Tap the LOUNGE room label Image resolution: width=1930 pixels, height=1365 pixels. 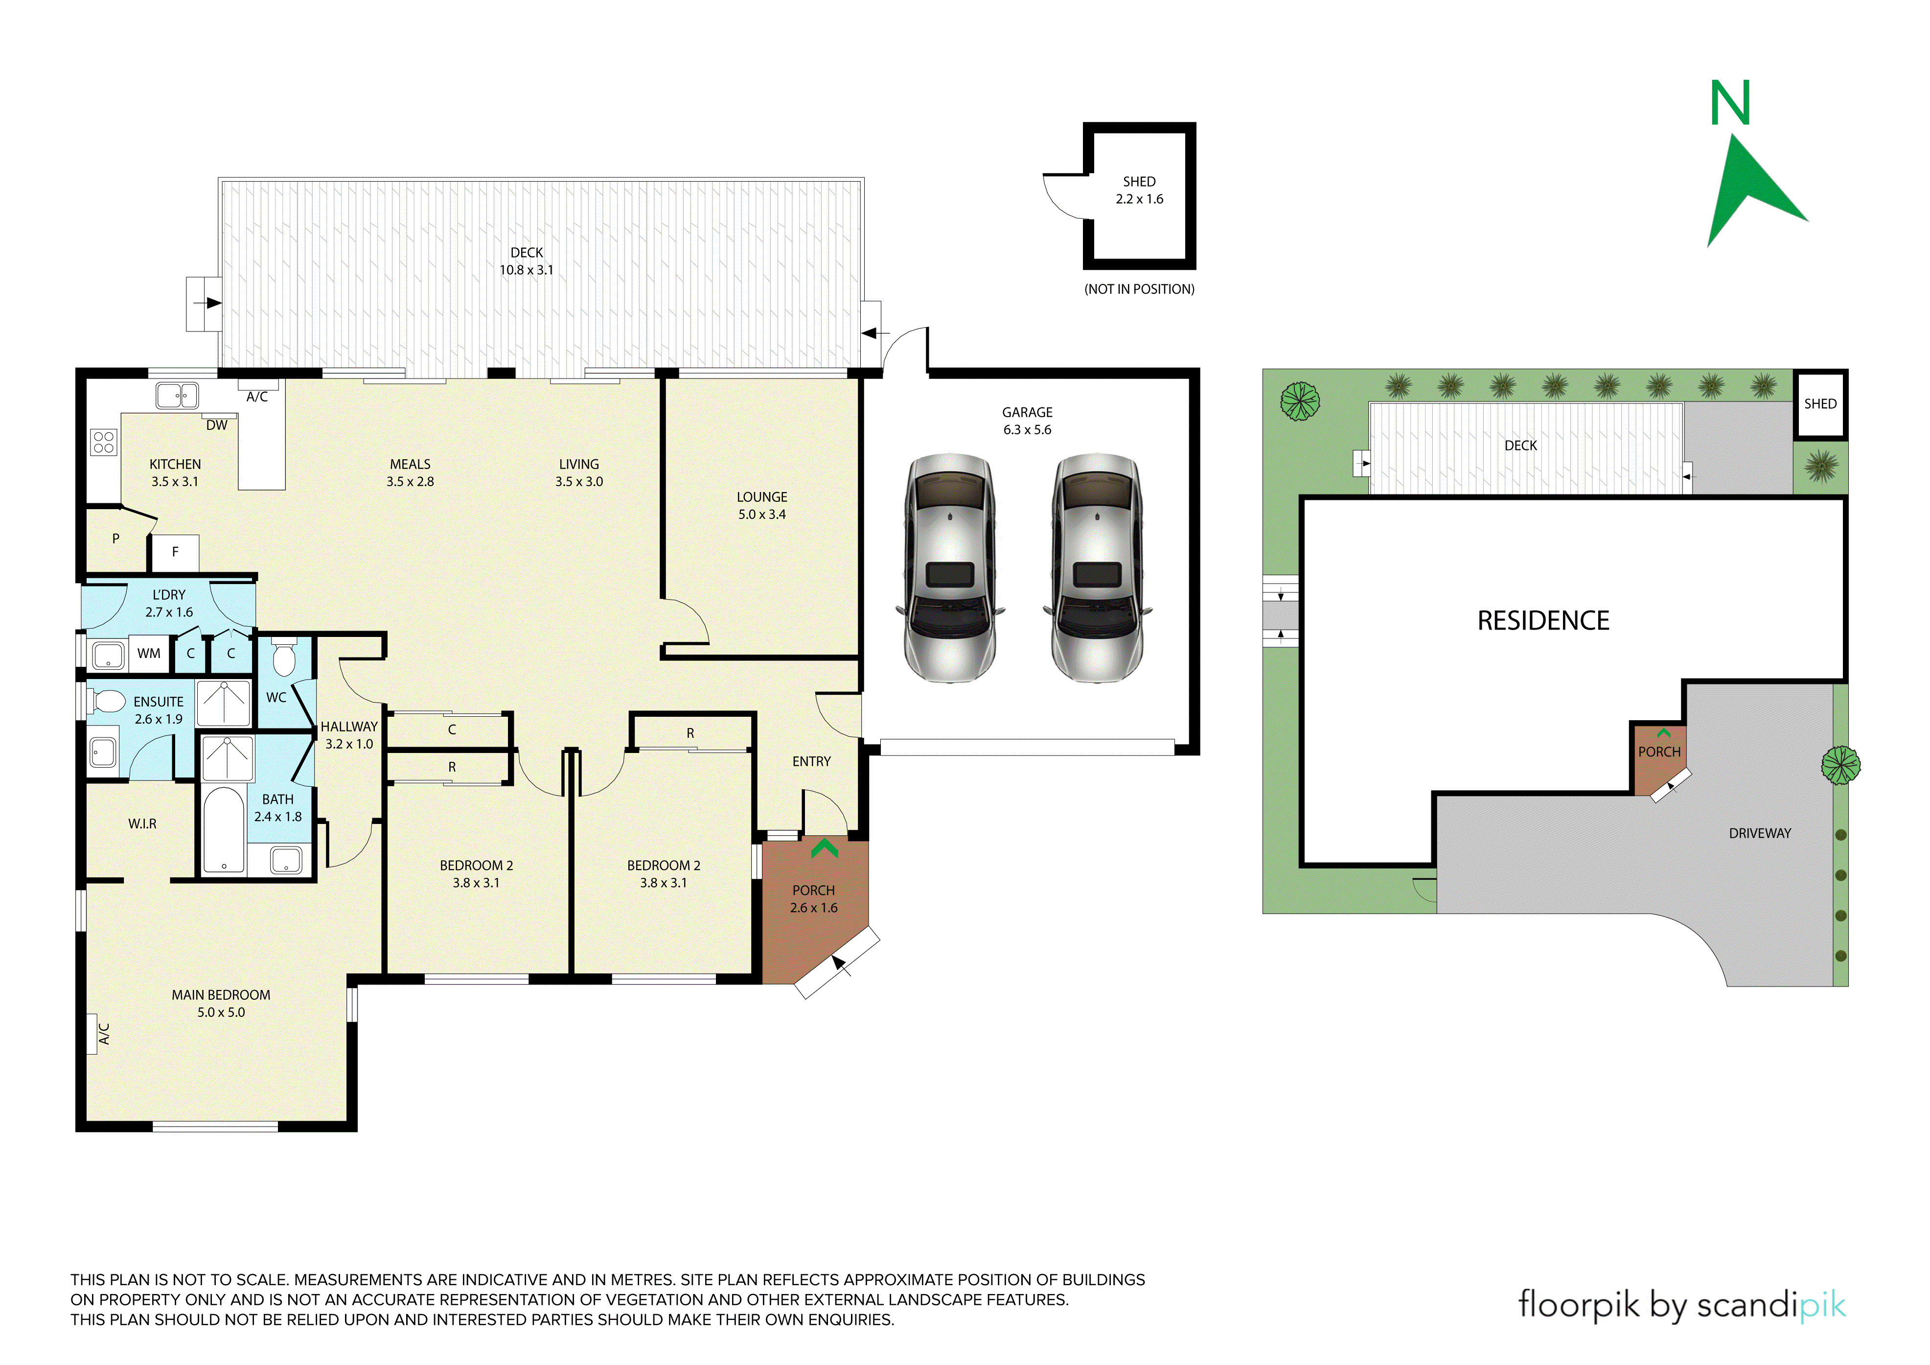tap(761, 497)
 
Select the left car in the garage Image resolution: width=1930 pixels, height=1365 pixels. tap(950, 568)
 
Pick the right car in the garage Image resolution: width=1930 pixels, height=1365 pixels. tap(1097, 568)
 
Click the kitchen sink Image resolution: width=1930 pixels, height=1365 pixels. tap(177, 395)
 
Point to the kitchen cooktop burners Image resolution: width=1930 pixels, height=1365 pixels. tap(104, 443)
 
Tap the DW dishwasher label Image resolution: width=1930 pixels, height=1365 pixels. tap(217, 425)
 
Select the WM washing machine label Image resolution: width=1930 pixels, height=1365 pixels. tap(149, 654)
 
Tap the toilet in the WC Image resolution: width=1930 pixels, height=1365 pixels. tap(284, 657)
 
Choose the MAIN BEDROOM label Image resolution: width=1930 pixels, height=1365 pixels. tap(221, 995)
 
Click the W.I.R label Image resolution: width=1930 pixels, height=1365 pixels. tap(142, 824)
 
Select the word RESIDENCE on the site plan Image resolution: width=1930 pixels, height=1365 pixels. tap(1543, 621)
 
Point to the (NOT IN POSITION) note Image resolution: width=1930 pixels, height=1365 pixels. tap(1139, 289)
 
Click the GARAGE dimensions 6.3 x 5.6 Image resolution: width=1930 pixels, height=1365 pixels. tap(1027, 430)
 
